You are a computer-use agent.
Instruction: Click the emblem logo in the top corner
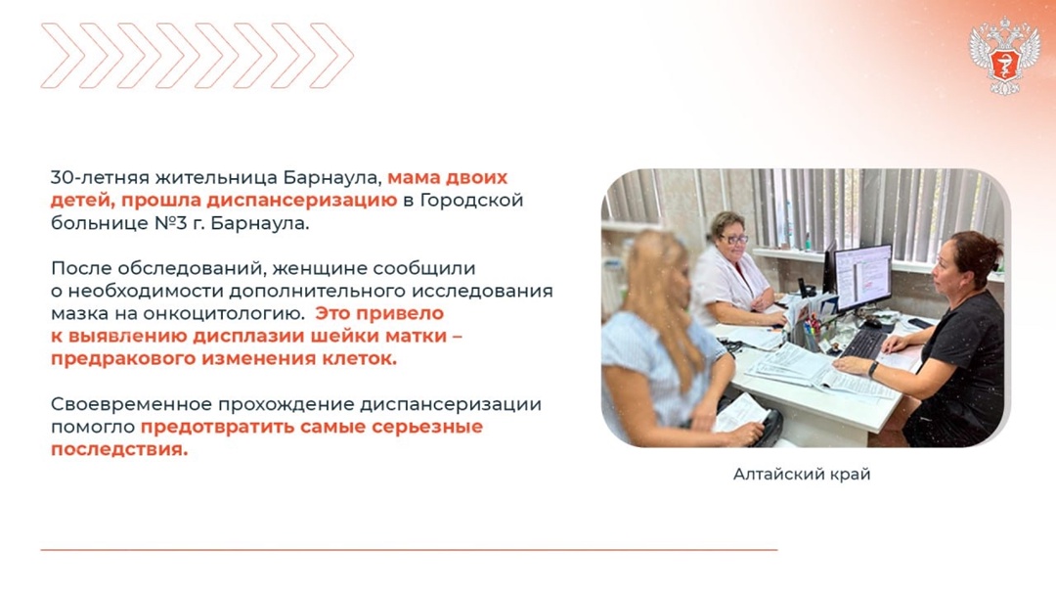[x=1004, y=56]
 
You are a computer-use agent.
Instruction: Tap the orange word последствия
[x=118, y=449]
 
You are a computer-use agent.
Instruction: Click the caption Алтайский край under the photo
[x=801, y=475]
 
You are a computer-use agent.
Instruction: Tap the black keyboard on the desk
[x=865, y=343]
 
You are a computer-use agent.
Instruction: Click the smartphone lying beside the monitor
[x=919, y=323]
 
